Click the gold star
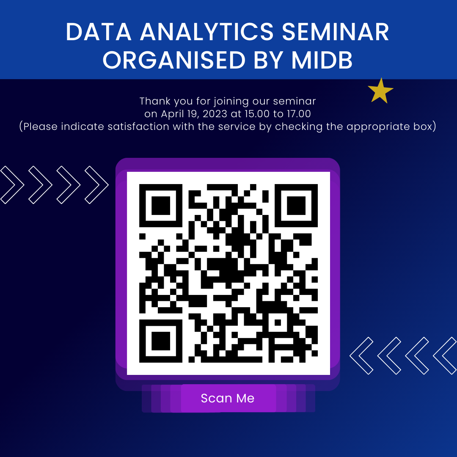coord(380,91)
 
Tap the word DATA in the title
coord(99,32)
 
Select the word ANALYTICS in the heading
coord(207,32)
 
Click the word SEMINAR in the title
coord(336,32)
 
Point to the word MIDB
coord(322,60)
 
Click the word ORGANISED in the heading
coord(174,60)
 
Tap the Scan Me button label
coord(228,398)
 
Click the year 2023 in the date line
coord(215,114)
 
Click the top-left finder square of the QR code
coord(161,206)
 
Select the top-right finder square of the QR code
coord(296,206)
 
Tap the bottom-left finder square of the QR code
coord(161,341)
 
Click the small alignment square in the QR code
coord(278,322)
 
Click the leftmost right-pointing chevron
coord(12,185)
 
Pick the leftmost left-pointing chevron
coord(361,355)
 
